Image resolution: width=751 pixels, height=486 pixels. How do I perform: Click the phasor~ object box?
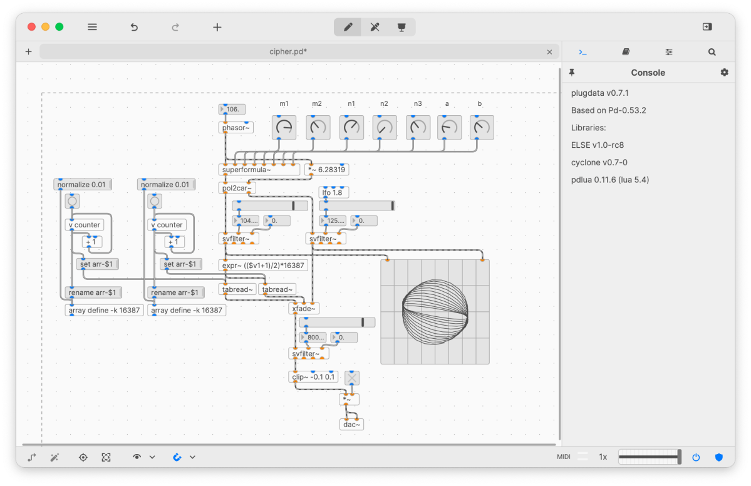tap(236, 128)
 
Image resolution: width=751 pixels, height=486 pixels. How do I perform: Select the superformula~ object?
tap(247, 170)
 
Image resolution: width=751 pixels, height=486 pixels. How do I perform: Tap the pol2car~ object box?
tap(236, 188)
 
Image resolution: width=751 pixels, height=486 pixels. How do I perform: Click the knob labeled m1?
tap(284, 127)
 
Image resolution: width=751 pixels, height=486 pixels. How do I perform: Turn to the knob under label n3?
tap(418, 127)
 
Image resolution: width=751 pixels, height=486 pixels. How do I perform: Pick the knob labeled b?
tap(482, 127)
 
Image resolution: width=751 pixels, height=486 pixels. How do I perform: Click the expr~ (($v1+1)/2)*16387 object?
tap(264, 266)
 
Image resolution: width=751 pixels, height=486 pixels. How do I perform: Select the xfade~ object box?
tap(304, 308)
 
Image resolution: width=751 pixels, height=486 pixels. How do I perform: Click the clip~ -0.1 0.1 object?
tap(314, 377)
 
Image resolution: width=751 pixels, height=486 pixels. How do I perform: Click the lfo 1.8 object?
tap(334, 193)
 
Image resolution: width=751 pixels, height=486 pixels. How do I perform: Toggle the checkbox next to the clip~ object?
tap(352, 378)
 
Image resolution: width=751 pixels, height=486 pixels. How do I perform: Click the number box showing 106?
tap(232, 110)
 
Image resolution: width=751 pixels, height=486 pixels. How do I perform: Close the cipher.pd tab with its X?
tap(550, 52)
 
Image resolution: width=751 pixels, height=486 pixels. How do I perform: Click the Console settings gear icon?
tap(725, 73)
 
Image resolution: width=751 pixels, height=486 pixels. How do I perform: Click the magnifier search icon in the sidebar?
tap(712, 52)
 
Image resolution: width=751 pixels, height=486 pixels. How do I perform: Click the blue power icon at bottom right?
tap(696, 457)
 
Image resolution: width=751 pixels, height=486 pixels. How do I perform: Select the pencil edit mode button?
tap(348, 27)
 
